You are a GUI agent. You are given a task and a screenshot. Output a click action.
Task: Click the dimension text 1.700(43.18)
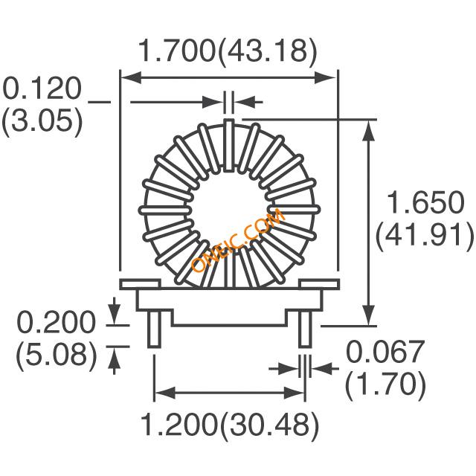pos(228,51)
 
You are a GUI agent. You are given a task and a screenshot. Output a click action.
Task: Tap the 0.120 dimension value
pos(42,89)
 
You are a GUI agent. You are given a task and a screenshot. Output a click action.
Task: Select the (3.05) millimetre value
pos(42,121)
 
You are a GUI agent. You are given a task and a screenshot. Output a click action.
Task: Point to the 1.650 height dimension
pos(425,202)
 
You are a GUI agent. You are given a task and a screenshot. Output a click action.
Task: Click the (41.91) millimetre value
pos(425,236)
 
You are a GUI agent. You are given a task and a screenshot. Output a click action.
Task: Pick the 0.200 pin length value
pos(56,322)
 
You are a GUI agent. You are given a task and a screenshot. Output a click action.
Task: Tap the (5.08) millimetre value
pos(57,356)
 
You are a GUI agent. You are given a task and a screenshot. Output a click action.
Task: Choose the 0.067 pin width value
pos(385,352)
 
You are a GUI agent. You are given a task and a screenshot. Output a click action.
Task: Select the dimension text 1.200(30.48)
pos(230,425)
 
